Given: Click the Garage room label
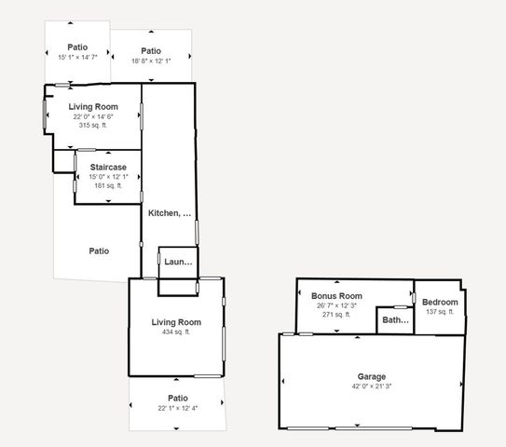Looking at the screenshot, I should click(x=371, y=377).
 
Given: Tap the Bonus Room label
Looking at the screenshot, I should click(x=336, y=296).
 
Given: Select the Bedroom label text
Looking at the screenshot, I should click(x=440, y=303).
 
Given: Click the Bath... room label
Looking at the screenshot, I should click(x=396, y=320).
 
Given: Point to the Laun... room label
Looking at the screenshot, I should click(x=178, y=262).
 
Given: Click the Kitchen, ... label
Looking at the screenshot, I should click(x=170, y=213).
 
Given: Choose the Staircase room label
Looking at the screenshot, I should click(x=107, y=168).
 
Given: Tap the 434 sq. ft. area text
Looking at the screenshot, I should click(x=176, y=332).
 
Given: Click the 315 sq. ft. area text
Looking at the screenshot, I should click(x=93, y=125).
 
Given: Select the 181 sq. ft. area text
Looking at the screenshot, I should click(x=107, y=185).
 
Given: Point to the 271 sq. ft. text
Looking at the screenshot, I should click(x=336, y=315).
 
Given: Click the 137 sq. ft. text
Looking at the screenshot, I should click(x=440, y=312).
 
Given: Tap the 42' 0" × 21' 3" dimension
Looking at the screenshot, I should click(x=371, y=386).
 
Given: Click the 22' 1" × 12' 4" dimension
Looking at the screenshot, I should click(x=176, y=408).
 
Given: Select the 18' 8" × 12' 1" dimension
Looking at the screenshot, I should click(x=151, y=61).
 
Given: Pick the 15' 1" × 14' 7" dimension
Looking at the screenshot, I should click(x=77, y=57).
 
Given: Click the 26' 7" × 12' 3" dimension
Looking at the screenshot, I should click(x=336, y=305).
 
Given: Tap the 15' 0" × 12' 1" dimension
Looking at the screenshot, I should click(x=107, y=177).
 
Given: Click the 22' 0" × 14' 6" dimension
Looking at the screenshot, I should click(x=93, y=116).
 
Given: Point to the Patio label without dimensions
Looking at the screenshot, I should click(x=99, y=251).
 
